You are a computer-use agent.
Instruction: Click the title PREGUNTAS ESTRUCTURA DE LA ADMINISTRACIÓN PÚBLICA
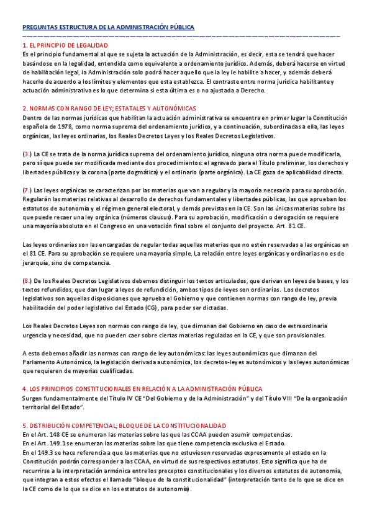[x=108, y=28]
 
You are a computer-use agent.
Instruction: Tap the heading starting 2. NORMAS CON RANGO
[x=109, y=108]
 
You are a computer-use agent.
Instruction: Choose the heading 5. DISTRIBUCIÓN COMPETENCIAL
[x=124, y=426]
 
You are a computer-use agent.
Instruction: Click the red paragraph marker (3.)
[x=27, y=153]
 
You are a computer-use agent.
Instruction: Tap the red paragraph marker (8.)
[x=27, y=281]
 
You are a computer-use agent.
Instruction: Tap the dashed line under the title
[x=180, y=36]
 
